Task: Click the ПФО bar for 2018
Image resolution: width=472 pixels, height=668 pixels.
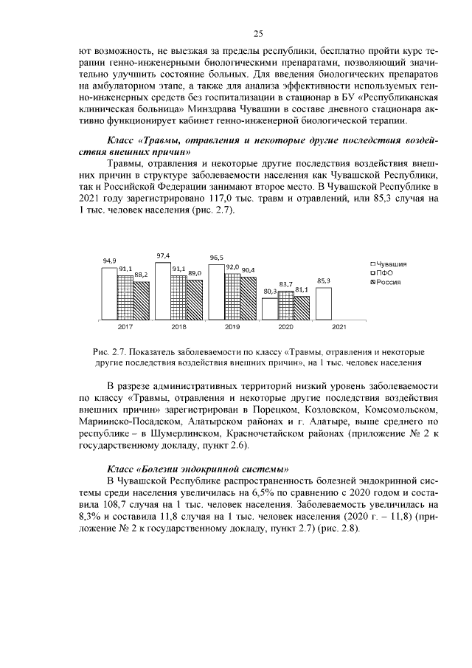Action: coord(178,297)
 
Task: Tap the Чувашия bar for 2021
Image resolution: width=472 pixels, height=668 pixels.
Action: coord(323,303)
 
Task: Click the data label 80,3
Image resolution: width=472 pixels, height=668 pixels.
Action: coord(270,292)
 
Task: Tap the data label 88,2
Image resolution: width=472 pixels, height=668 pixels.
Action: coord(140,275)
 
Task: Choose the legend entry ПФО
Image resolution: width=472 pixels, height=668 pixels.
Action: coord(384,273)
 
